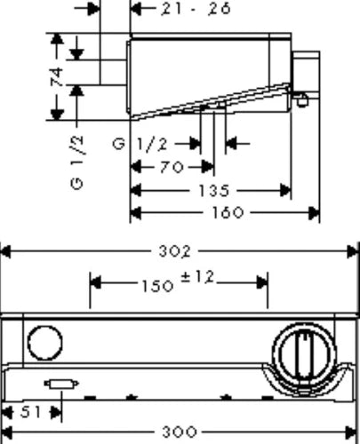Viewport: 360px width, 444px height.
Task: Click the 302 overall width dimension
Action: tap(175, 252)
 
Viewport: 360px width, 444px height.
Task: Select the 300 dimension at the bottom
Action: tap(180, 432)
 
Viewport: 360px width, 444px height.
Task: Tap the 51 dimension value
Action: tap(30, 412)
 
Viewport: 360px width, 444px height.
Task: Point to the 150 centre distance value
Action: tap(157, 286)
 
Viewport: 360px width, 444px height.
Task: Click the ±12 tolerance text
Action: tap(197, 278)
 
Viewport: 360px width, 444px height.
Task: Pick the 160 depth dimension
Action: tap(228, 212)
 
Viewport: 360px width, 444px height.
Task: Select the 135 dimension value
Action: tap(214, 191)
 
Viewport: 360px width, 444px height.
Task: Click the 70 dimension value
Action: tap(172, 168)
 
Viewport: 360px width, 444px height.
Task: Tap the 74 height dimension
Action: tap(57, 77)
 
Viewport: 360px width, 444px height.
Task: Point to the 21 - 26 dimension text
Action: tap(196, 9)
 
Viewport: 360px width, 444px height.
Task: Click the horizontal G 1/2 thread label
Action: tap(140, 145)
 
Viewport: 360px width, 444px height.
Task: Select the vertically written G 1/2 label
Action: tap(77, 163)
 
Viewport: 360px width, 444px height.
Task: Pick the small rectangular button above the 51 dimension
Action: tap(61, 384)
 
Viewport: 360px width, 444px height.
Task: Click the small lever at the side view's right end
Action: tap(300, 99)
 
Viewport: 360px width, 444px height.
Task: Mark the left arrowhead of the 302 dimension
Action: tap(6, 252)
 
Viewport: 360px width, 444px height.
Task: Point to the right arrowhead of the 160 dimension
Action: tap(314, 213)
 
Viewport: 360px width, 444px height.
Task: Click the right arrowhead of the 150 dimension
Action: tap(262, 283)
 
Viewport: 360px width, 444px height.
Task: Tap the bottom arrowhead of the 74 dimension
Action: tap(57, 115)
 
